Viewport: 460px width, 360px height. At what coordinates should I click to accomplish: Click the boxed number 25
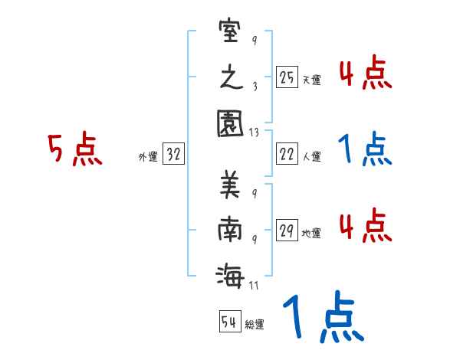click(x=287, y=77)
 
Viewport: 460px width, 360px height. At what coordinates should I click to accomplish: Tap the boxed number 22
click(x=287, y=155)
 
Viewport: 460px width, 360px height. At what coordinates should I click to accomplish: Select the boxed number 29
click(x=287, y=231)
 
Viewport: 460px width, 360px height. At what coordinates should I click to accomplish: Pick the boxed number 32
click(x=174, y=155)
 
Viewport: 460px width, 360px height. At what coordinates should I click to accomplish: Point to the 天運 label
click(x=311, y=80)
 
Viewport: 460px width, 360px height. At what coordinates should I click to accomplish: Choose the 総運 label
click(x=255, y=324)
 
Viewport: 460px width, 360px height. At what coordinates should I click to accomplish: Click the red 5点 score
click(x=74, y=150)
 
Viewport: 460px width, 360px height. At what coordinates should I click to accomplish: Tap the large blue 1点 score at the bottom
click(x=322, y=318)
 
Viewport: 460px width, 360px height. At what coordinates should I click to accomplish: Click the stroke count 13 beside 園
click(x=254, y=132)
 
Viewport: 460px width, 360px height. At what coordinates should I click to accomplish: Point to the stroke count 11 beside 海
click(x=254, y=286)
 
